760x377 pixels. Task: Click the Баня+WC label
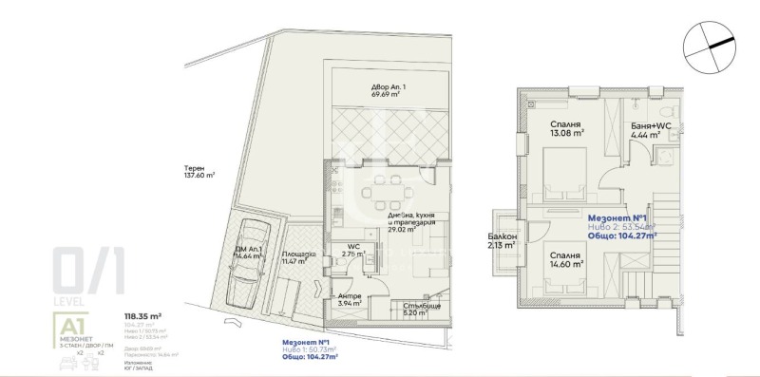coord(651,125)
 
